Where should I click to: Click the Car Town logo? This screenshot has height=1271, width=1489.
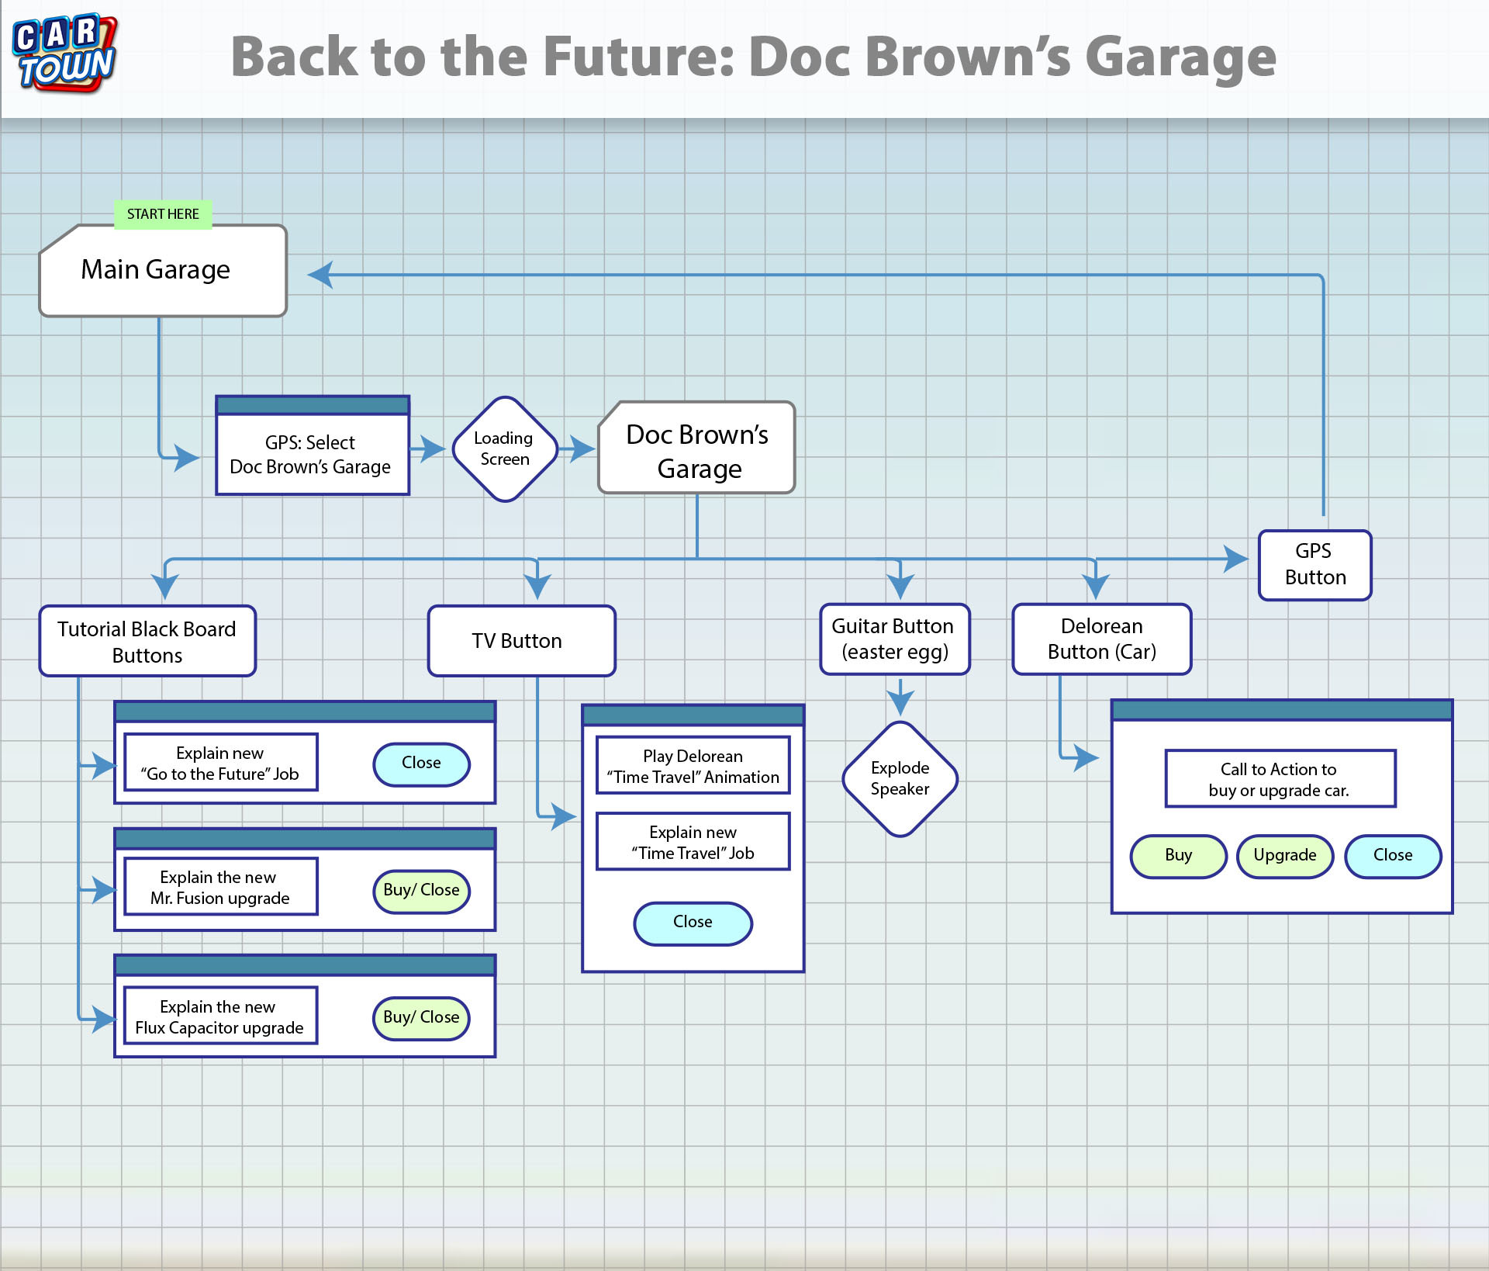coord(65,53)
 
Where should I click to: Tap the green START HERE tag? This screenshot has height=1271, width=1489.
coord(163,214)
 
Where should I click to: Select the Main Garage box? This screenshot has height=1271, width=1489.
coord(163,271)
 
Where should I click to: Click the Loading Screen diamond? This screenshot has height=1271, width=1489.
coord(505,449)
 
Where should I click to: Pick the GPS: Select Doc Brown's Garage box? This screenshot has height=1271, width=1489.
coord(313,445)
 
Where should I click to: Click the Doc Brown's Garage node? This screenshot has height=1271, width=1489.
coord(697,448)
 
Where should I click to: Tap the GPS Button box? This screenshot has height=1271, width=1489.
coord(1315,565)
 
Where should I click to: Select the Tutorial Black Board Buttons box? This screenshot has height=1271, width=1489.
coord(147,641)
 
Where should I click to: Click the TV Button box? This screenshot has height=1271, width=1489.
coord(522,641)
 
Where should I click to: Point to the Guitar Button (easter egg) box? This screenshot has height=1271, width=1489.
coord(895,639)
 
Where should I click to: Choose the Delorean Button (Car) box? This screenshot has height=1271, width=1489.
coord(1102,639)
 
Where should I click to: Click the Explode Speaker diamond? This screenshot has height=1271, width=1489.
coord(900,779)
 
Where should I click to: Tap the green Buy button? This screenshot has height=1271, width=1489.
coord(1179,856)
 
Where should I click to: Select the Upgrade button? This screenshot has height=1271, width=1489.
coord(1285,856)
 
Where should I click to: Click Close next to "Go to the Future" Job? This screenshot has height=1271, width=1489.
coord(421,764)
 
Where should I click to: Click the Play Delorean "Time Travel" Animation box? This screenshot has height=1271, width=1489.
coord(693,765)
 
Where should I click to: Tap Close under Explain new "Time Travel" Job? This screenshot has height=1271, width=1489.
coord(693,923)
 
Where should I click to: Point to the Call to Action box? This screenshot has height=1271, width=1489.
coord(1280,778)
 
